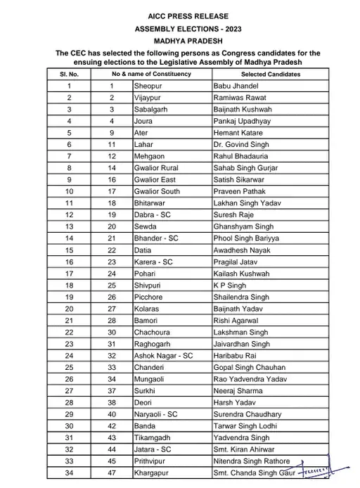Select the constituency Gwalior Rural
tap(156, 168)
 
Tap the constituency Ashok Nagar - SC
tap(163, 356)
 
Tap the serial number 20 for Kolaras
tap(70, 309)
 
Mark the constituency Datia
tap(143, 250)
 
